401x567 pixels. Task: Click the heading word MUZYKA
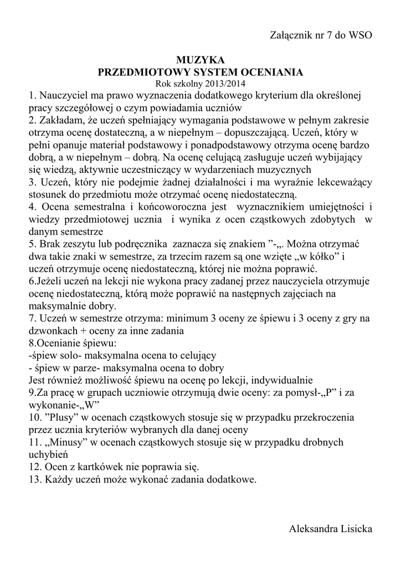click(x=200, y=59)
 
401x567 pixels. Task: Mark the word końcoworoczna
click(x=161, y=207)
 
